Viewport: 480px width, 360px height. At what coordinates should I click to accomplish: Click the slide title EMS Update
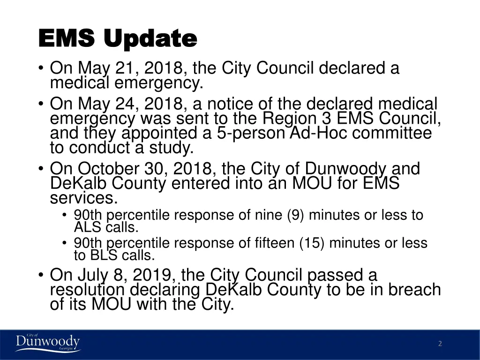(x=117, y=38)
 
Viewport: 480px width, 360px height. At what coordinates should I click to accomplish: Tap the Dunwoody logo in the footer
(x=47, y=343)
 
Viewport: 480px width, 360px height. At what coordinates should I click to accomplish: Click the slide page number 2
(x=440, y=344)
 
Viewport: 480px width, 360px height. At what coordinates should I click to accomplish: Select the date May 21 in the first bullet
(x=106, y=68)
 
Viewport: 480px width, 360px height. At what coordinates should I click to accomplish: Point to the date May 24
(x=106, y=104)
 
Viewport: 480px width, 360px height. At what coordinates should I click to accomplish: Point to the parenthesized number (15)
(x=307, y=243)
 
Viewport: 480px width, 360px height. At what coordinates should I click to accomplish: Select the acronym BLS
(x=102, y=256)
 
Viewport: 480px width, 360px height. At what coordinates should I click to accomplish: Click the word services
(x=82, y=198)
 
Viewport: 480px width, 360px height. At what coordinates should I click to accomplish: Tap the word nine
(x=269, y=216)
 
